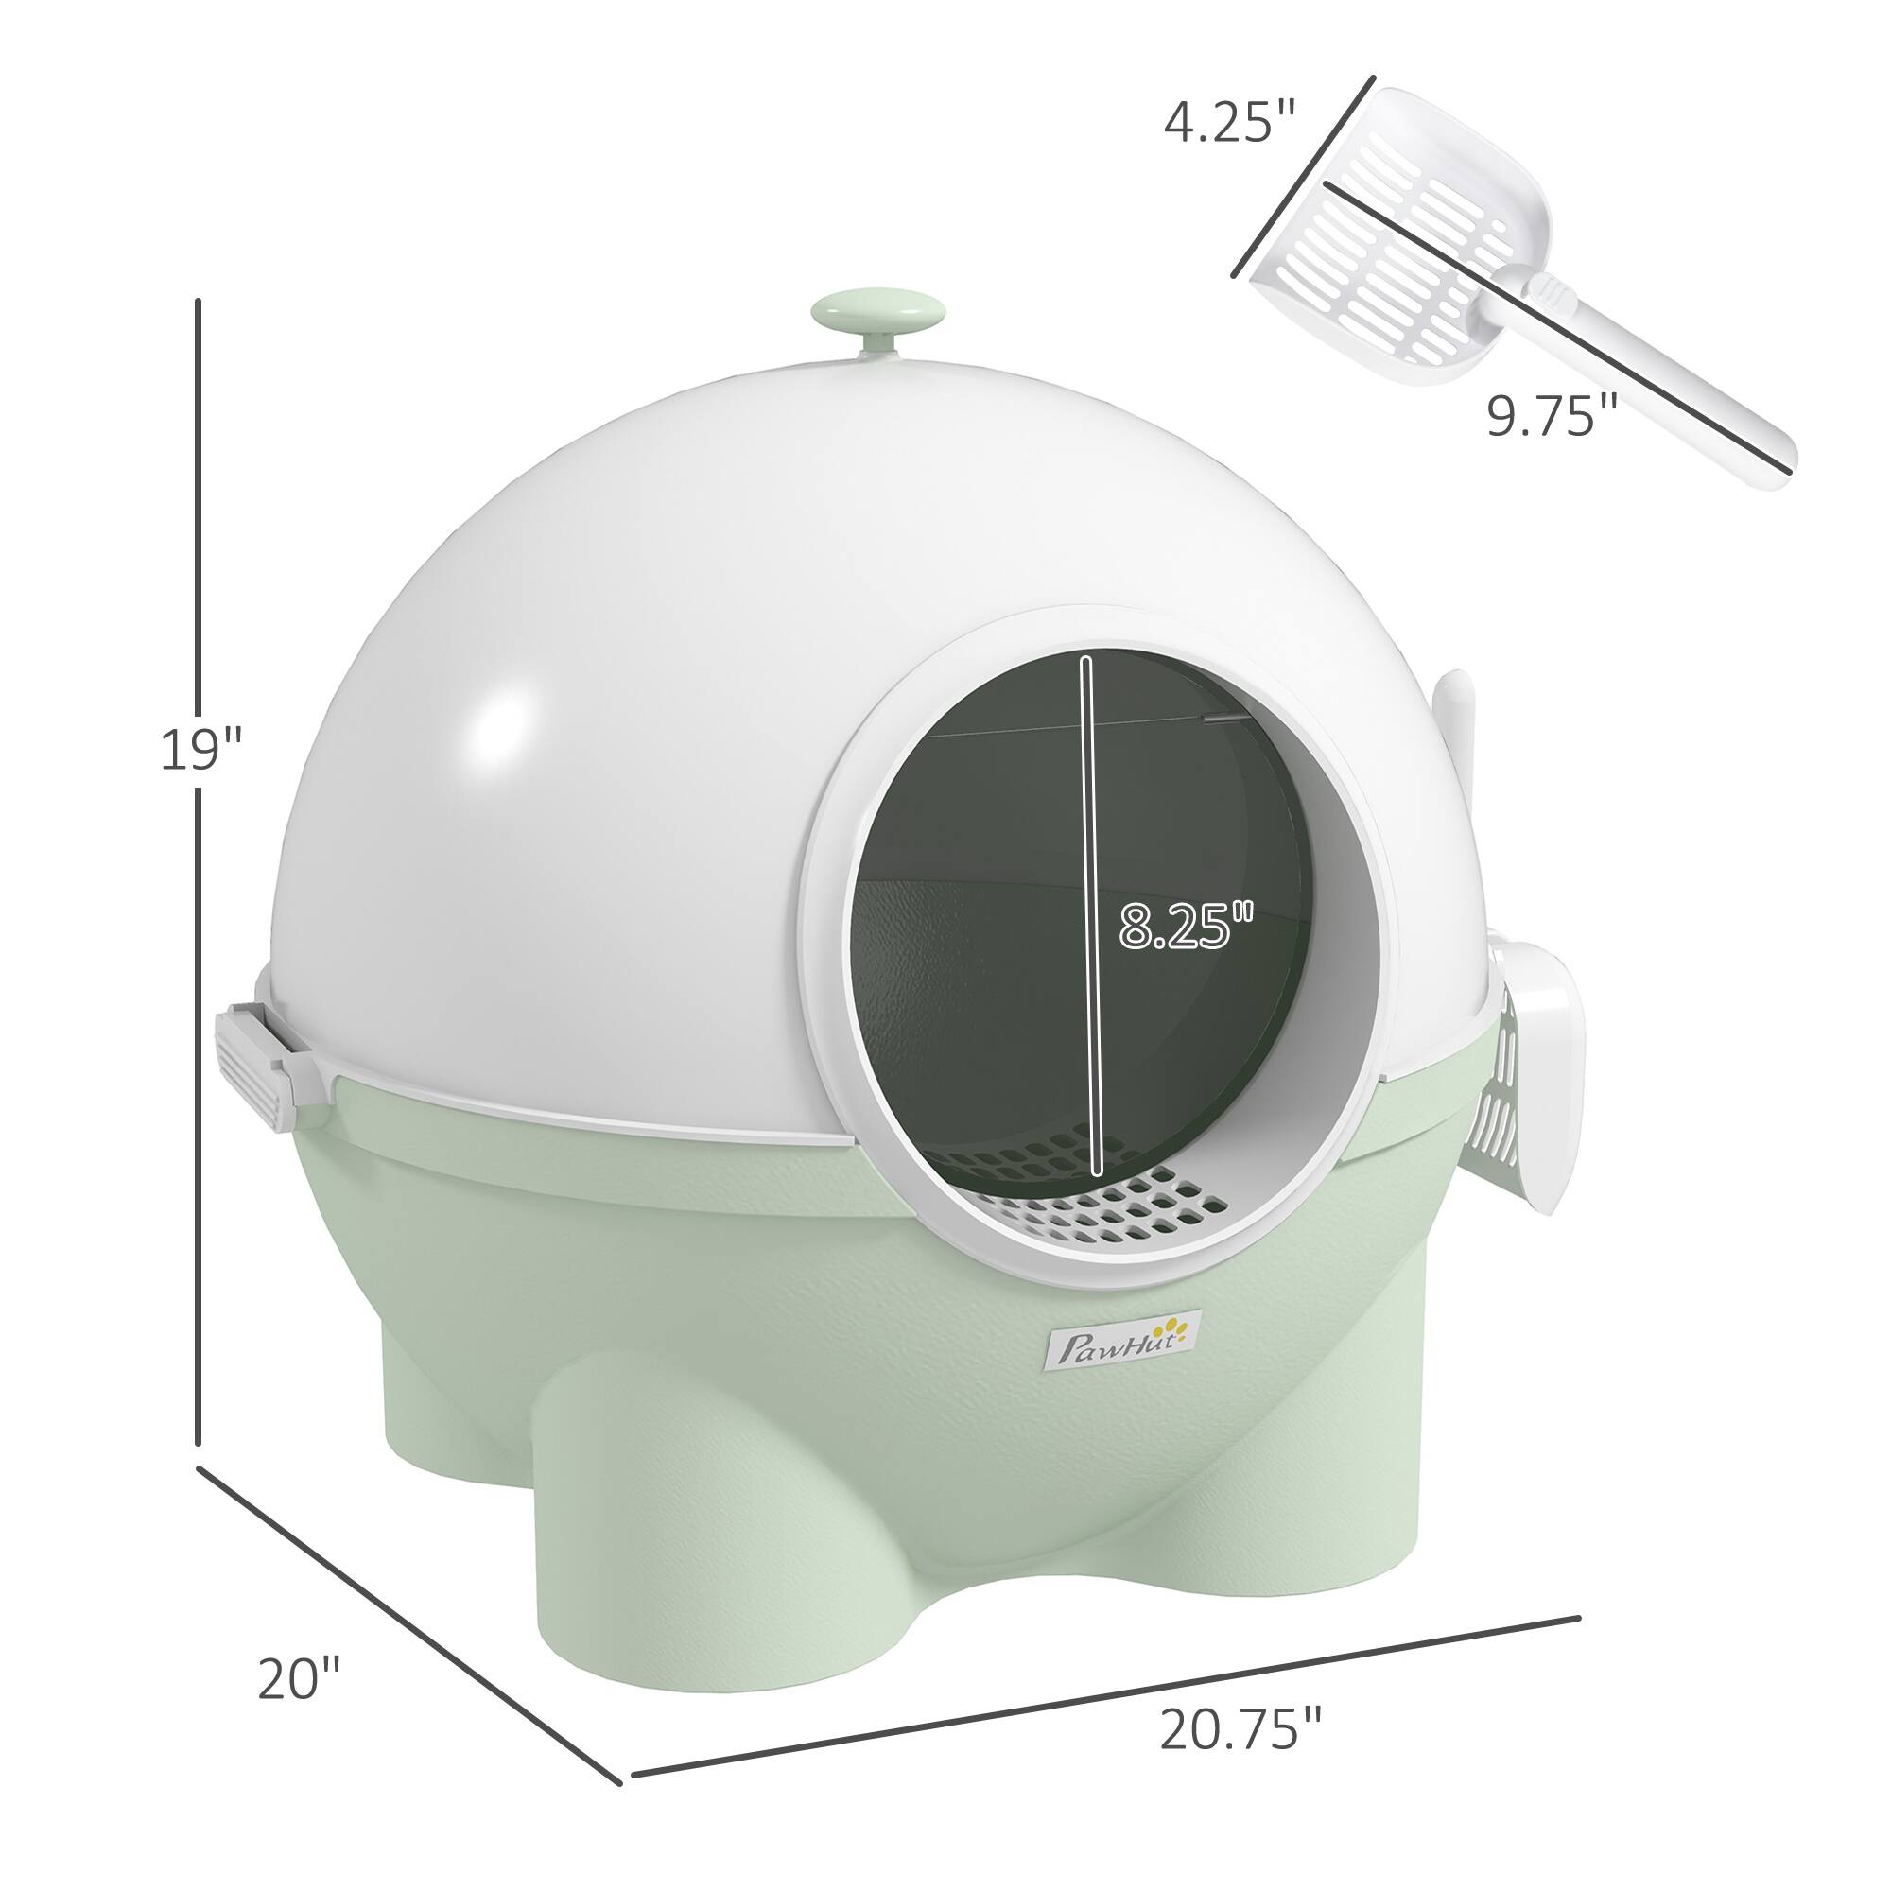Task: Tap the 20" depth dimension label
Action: (x=298, y=1589)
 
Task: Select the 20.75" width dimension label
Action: (x=1240, y=1730)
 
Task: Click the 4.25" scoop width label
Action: (x=1229, y=122)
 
